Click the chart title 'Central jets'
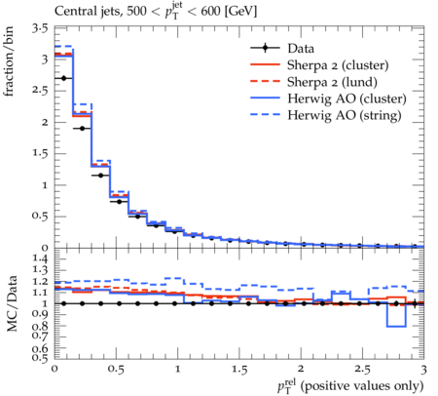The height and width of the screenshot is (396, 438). pos(87,12)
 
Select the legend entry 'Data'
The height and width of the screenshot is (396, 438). pos(301,49)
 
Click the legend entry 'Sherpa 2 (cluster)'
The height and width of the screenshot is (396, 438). pos(338,65)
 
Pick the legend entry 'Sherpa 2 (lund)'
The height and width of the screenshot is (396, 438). pos(332,82)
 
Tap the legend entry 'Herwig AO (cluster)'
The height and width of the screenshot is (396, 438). pos(347,99)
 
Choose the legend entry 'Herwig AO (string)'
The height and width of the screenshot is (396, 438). pos(345,115)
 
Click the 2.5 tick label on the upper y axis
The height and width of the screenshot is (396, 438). pos(40,91)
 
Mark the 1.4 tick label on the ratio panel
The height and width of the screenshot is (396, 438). pos(41,259)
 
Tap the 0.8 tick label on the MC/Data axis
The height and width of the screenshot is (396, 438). pos(41,326)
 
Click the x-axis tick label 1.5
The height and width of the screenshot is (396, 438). pos(239,370)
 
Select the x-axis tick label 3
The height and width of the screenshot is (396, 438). pos(423,370)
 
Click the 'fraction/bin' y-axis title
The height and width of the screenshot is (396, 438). pos(9,61)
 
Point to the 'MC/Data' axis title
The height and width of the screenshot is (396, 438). pos(12,303)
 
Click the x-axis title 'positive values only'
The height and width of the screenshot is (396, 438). pos(362,386)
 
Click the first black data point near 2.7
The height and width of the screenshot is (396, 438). pos(63,78)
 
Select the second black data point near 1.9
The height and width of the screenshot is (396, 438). pos(82,129)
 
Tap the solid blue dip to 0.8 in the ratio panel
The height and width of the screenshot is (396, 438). pos(396,326)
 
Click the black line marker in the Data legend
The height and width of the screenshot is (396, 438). pos(265,48)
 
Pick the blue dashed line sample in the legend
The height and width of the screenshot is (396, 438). pos(265,114)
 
